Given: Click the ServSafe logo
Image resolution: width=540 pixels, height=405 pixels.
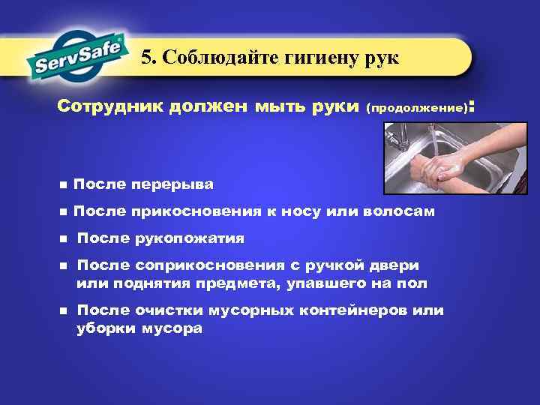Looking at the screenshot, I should pyautogui.click(x=76, y=55).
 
